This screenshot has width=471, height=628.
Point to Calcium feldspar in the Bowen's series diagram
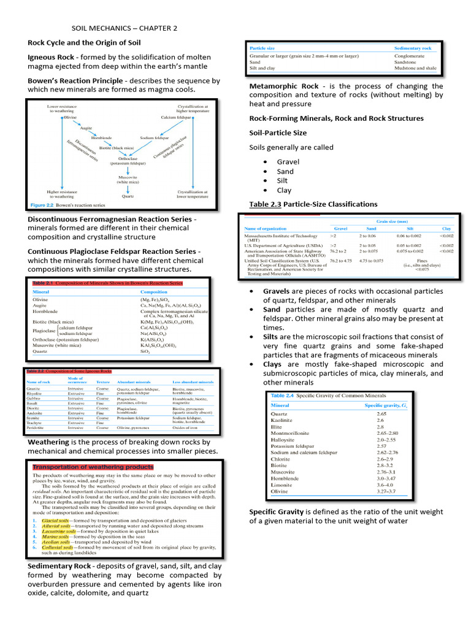pos(177,117)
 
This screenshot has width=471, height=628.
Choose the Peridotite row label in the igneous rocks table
pos(36,427)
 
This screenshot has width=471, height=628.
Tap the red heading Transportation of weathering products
pos(93,467)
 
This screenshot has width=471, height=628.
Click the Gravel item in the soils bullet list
pos(288,162)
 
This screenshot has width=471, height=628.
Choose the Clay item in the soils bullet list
pos(284,190)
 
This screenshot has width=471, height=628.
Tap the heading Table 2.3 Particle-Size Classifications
pos(313,204)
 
